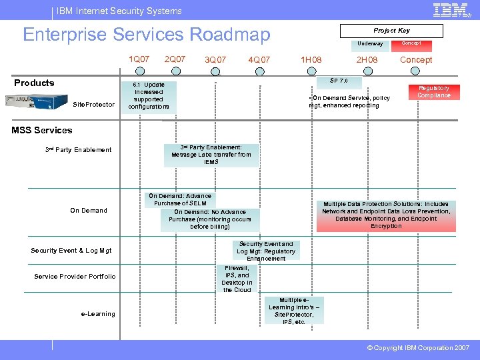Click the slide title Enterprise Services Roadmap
147,34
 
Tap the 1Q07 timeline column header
139,59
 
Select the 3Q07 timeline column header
215,60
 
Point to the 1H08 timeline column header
311,60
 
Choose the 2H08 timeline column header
367,60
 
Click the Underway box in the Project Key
370,44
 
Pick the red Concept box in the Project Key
416,43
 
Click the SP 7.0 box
339,81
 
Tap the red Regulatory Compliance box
434,92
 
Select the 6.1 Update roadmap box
149,96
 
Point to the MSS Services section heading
42,130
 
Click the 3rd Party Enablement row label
78,150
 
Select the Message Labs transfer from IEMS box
211,155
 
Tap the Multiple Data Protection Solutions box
386,215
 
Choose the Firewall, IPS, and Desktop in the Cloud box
237,279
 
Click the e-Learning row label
98,314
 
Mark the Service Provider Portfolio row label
75,277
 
